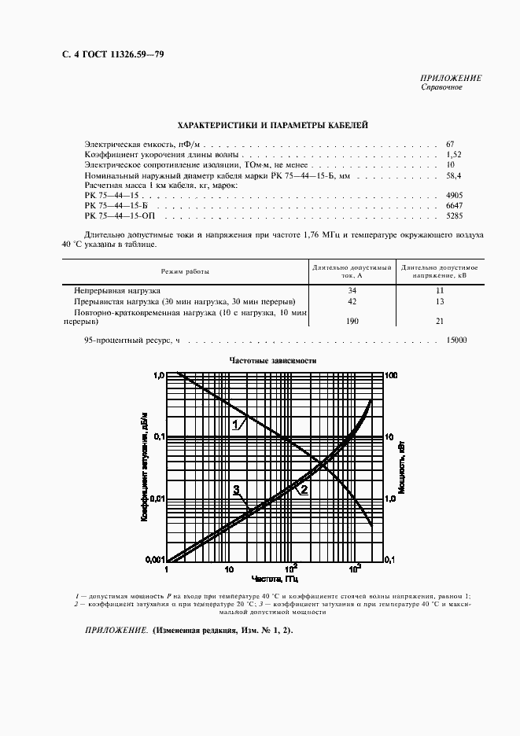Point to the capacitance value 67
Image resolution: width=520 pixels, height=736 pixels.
(451, 144)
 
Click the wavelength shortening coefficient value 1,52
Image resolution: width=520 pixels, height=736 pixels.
(454, 155)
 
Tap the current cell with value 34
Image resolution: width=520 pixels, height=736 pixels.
(352, 291)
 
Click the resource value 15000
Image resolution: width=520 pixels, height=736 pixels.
(456, 340)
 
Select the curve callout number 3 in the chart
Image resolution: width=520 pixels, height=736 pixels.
(235, 490)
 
